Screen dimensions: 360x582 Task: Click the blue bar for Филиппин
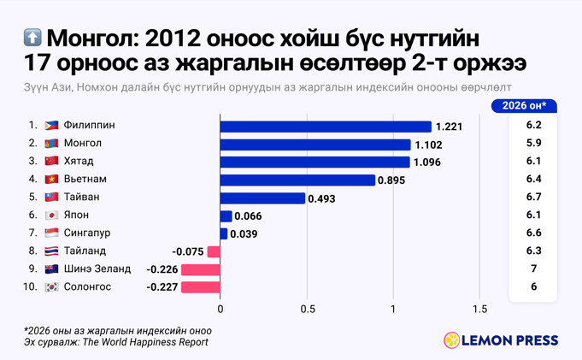(326, 127)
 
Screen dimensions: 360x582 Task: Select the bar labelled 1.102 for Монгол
(315, 145)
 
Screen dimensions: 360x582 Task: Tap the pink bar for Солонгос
(200, 287)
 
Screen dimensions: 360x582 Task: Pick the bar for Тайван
(262, 198)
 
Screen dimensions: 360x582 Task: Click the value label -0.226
(162, 269)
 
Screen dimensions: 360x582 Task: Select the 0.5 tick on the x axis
(307, 310)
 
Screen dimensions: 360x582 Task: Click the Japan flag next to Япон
(51, 215)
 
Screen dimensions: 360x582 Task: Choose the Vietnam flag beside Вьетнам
(51, 180)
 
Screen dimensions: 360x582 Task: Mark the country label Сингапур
(87, 233)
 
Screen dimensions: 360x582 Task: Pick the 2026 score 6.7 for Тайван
(533, 197)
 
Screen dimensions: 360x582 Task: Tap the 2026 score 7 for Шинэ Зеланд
(533, 269)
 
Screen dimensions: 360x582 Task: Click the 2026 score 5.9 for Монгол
(533, 143)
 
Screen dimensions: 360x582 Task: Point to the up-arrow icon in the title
(32, 39)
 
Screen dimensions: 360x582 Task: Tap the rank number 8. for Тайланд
(32, 251)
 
